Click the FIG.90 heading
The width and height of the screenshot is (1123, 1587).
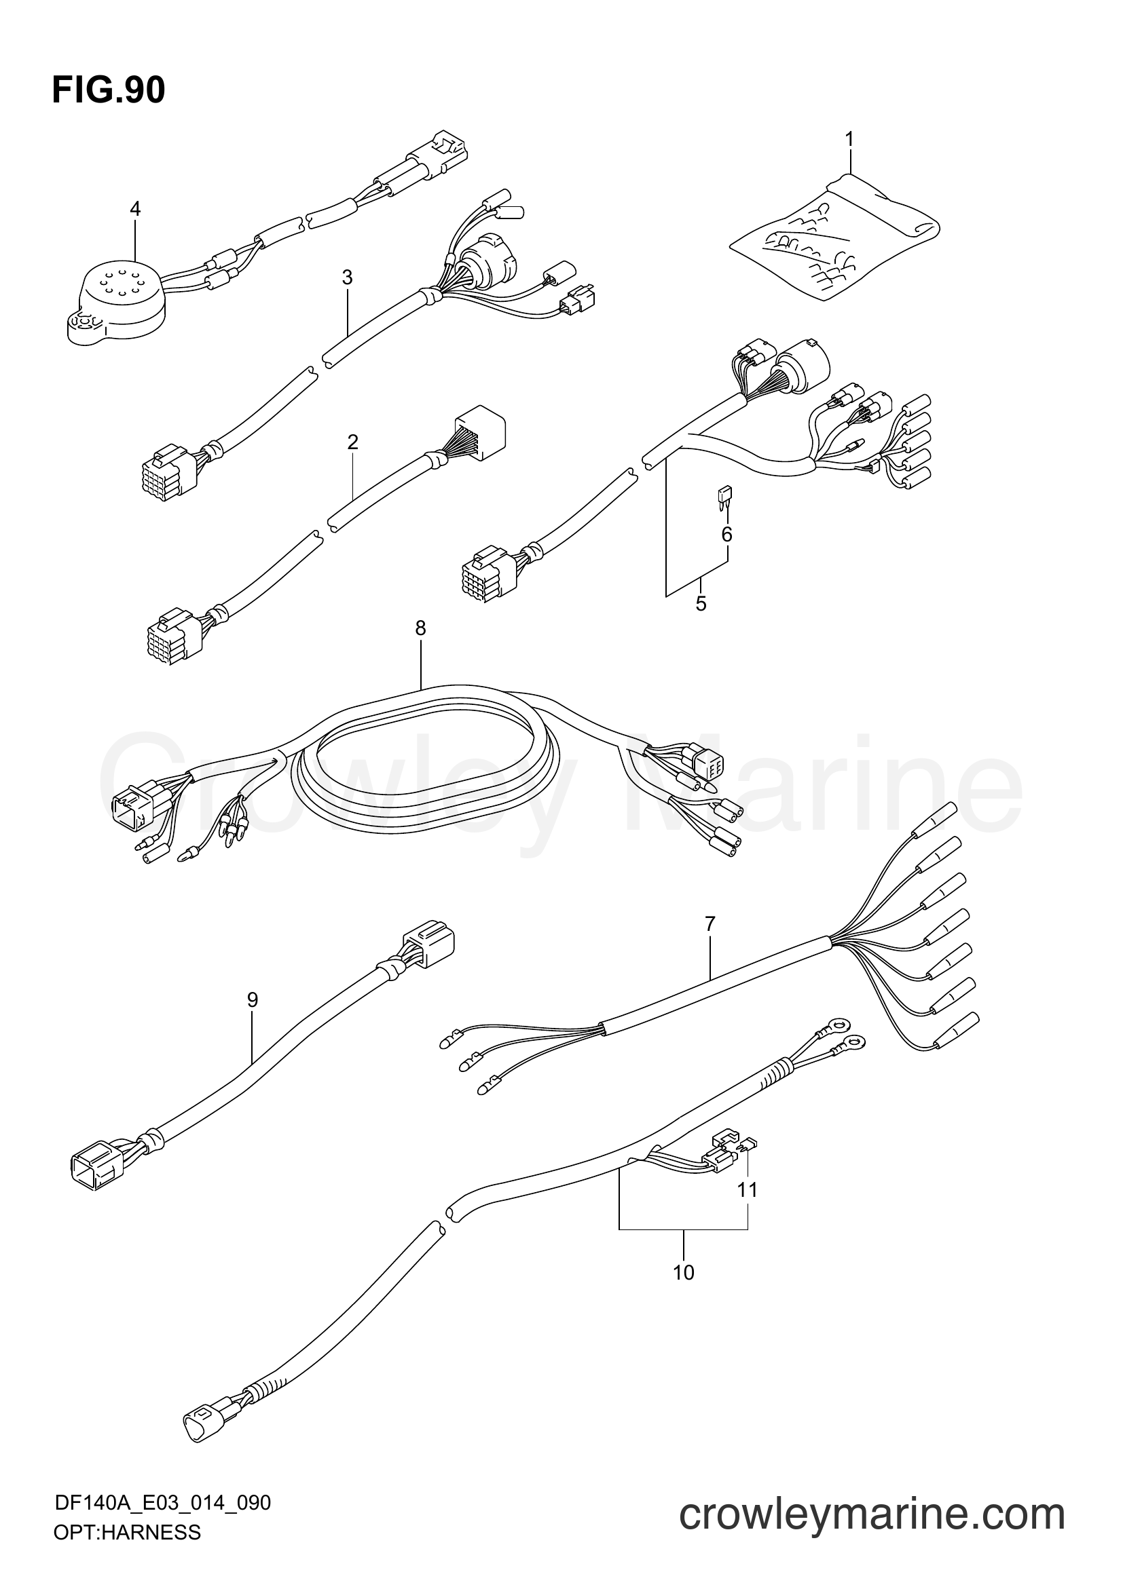point(109,90)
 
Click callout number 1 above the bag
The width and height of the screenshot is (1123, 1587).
point(849,140)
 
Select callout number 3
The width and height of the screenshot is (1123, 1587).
point(347,278)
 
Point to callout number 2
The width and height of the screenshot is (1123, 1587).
point(352,442)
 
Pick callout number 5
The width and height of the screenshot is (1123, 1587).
point(701,604)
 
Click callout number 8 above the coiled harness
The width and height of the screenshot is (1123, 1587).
point(420,628)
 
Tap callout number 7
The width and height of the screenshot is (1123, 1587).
point(710,923)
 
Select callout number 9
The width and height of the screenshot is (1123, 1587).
point(253,999)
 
